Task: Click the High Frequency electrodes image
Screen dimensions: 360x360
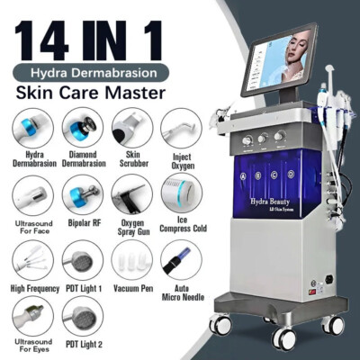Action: [x=31, y=262]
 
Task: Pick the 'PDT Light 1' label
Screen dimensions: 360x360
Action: [x=81, y=287]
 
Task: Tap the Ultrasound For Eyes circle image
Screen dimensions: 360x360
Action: [x=31, y=316]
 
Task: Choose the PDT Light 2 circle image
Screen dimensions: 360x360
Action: [x=81, y=316]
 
